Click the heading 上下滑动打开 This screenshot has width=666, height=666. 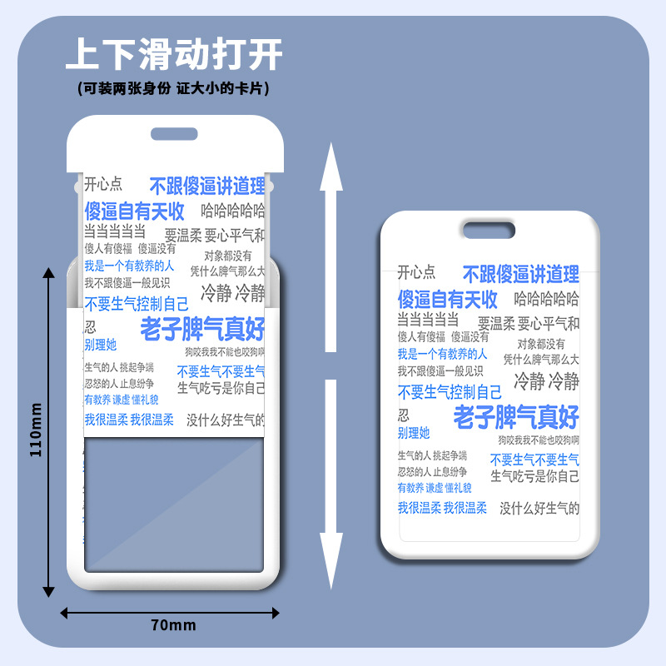[174, 55]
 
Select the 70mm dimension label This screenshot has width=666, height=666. [173, 625]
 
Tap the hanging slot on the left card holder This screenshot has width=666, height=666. [173, 133]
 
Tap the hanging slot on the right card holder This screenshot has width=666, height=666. [489, 229]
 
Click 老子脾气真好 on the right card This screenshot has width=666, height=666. [515, 416]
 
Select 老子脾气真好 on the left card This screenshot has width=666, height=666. [202, 329]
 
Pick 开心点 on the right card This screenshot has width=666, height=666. [416, 271]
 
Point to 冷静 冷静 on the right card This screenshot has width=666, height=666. [545, 381]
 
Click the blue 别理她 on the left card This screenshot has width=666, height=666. [100, 345]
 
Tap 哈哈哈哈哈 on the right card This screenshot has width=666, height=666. [546, 299]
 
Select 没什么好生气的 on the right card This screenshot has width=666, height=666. [539, 508]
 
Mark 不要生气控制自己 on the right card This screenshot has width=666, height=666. [450, 392]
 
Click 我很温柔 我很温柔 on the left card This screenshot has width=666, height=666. [128, 420]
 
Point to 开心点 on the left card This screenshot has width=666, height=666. [103, 185]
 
